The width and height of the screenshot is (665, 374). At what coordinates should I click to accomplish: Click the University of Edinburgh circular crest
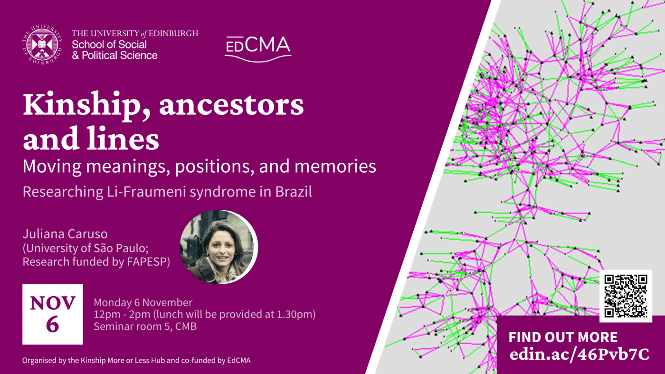[42, 46]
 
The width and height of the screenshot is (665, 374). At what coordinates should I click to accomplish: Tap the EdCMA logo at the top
[257, 47]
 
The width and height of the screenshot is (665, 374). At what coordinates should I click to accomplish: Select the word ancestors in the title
[231, 106]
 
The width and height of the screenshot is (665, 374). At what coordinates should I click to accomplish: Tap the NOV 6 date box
[52, 314]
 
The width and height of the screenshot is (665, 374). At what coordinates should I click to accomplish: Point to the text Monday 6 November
[143, 302]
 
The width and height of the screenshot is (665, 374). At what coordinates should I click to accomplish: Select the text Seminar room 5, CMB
[145, 327]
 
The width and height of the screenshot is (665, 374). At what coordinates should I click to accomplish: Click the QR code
[625, 296]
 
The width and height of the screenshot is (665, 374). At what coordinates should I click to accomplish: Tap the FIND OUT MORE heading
[563, 337]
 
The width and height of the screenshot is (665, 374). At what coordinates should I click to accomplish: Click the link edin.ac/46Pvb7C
[579, 354]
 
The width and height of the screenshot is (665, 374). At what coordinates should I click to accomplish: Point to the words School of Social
[109, 45]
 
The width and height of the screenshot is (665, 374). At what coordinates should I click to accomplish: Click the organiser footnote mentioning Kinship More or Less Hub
[136, 361]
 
